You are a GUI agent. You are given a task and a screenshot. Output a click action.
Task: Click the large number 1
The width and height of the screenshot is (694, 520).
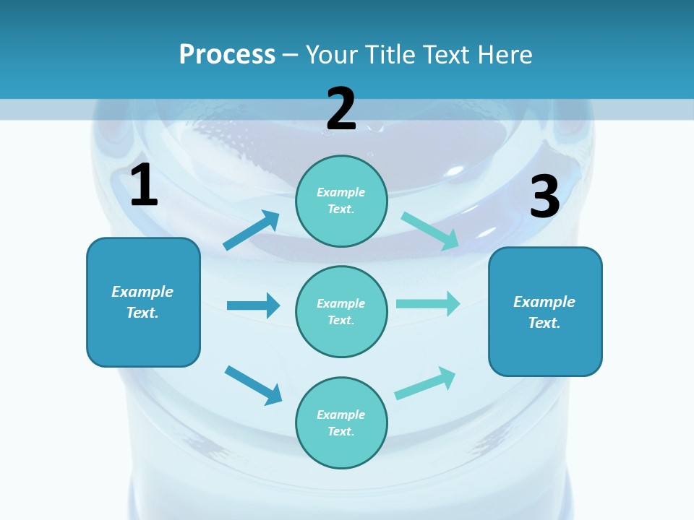tap(144, 186)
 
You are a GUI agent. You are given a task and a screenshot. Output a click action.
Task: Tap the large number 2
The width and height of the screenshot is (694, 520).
tap(341, 109)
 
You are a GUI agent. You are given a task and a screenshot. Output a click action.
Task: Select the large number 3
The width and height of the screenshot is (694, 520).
tap(544, 197)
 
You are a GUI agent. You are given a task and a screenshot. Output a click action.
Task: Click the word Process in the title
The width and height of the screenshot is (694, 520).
tap(227, 54)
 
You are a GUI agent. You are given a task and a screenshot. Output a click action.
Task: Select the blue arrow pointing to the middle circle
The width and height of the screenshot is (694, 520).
tap(253, 305)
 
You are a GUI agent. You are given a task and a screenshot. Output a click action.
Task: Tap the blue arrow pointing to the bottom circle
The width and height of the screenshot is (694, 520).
tap(253, 385)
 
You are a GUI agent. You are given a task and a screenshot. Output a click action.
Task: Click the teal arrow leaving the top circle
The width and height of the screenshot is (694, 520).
tap(430, 231)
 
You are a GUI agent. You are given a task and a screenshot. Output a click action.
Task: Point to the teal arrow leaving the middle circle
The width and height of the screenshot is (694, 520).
tap(428, 303)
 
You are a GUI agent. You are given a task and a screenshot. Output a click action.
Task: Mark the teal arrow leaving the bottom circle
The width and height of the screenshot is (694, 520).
tap(425, 383)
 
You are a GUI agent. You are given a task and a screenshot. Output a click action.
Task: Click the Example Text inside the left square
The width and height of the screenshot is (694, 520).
tap(142, 302)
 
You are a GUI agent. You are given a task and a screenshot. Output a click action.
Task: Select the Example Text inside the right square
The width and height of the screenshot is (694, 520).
tap(544, 312)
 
